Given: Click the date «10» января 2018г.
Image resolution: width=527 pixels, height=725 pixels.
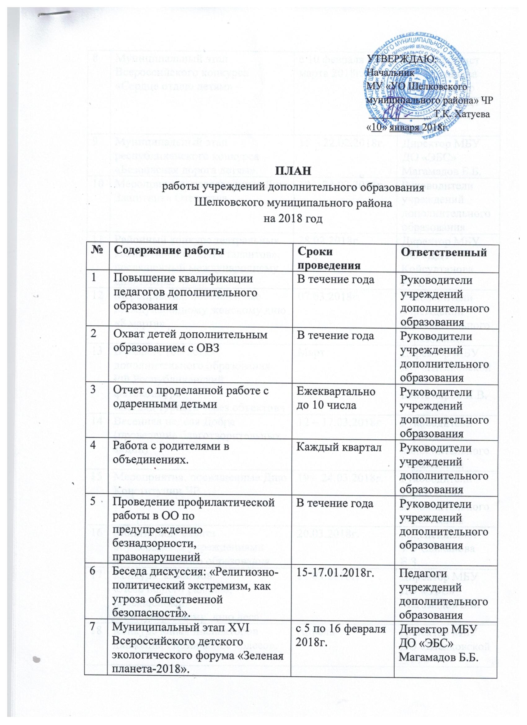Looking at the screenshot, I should coord(408,128).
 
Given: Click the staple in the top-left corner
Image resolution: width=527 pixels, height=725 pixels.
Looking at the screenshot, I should coord(54,15).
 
